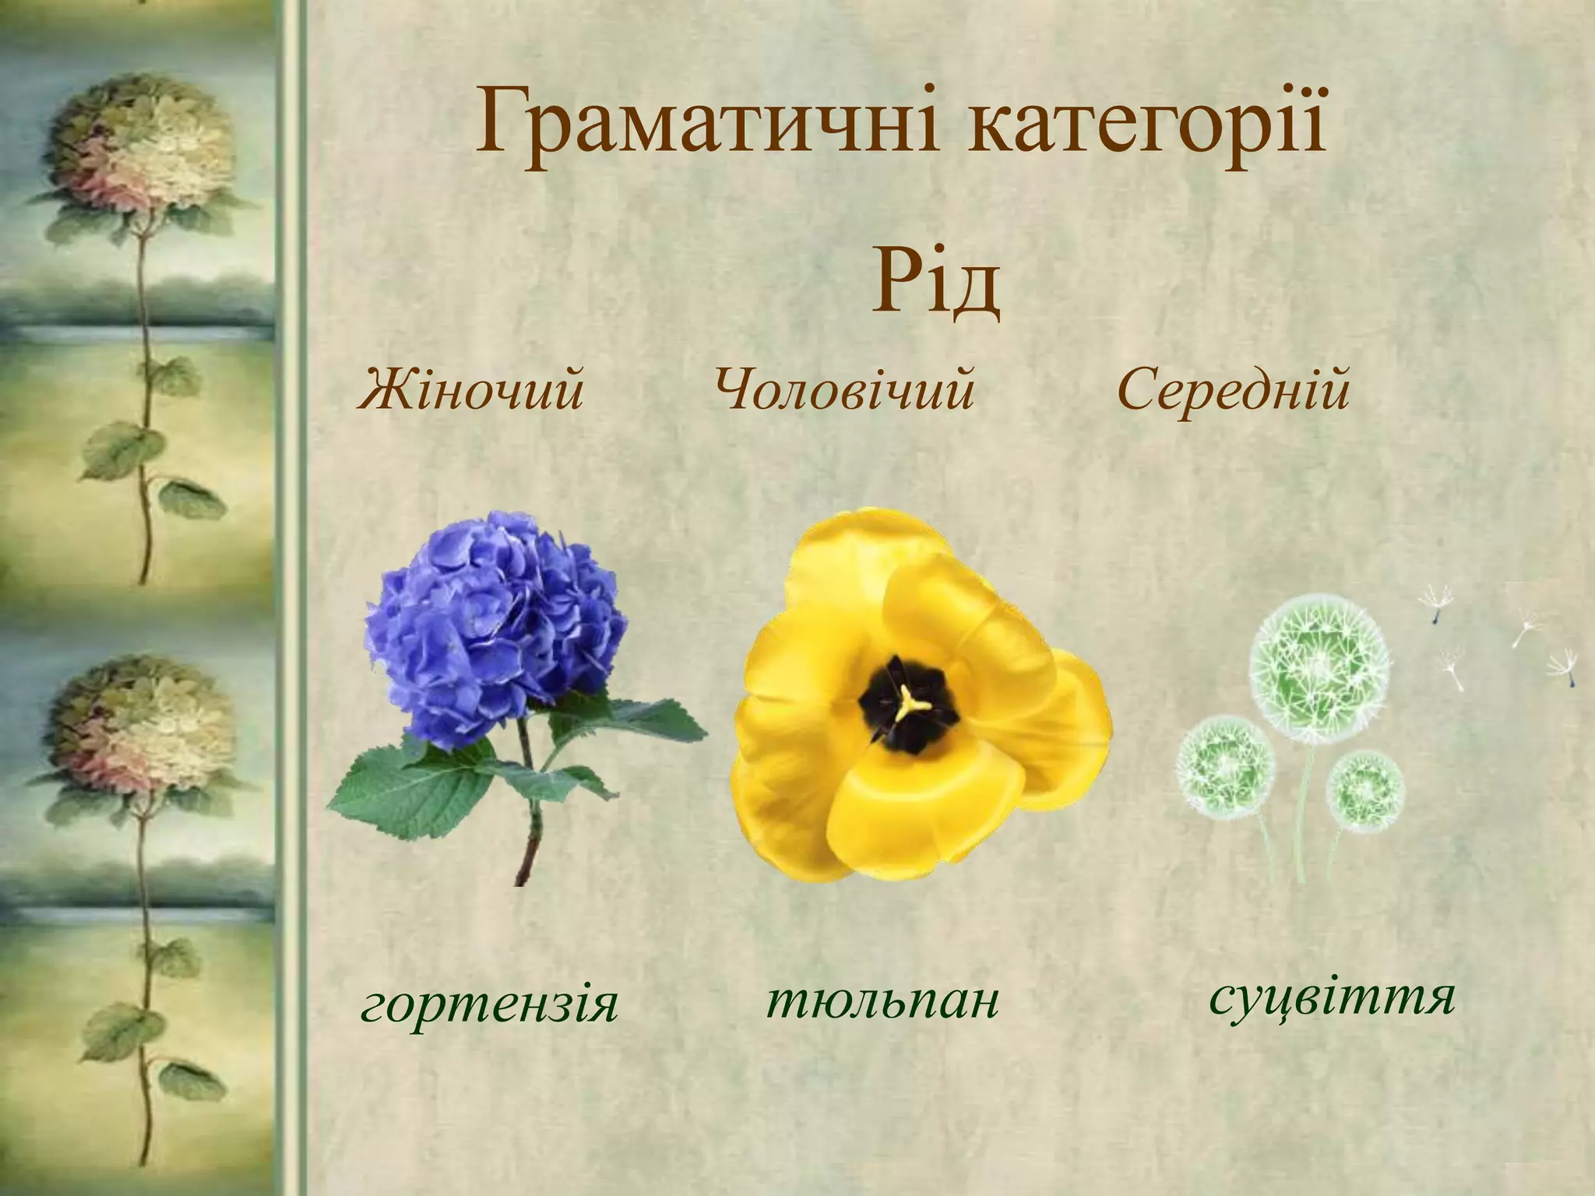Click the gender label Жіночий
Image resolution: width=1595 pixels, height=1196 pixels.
471,389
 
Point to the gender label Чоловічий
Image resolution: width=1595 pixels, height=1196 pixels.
844,389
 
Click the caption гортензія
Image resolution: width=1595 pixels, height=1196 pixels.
489,1005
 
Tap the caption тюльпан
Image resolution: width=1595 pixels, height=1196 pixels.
882,1001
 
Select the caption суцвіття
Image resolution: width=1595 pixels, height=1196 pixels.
1331,997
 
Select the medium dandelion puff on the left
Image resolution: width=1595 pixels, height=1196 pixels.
1224,767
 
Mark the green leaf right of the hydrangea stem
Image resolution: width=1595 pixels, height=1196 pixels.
623,720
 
